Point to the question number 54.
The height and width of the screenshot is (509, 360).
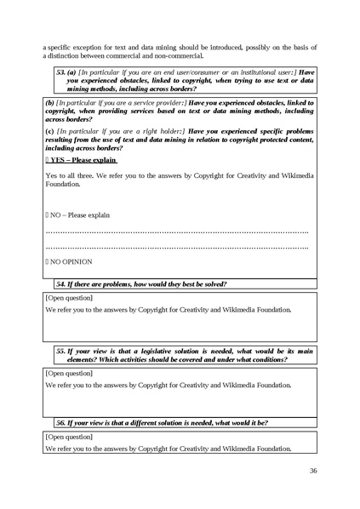[x=61, y=283]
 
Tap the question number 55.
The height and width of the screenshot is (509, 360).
[x=61, y=351]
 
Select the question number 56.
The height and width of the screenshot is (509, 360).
[x=61, y=422]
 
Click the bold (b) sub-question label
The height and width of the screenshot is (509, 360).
[x=49, y=103]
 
